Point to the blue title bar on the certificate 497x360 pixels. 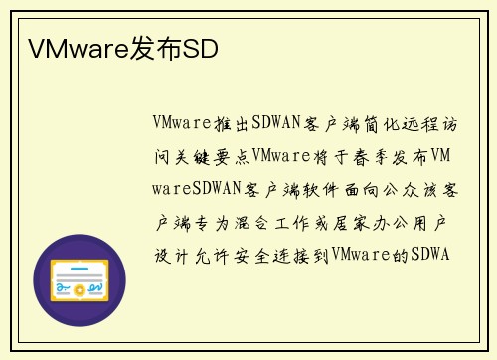coord(80,267)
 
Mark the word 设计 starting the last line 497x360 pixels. coord(173,255)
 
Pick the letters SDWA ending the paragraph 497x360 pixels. coord(431,255)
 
